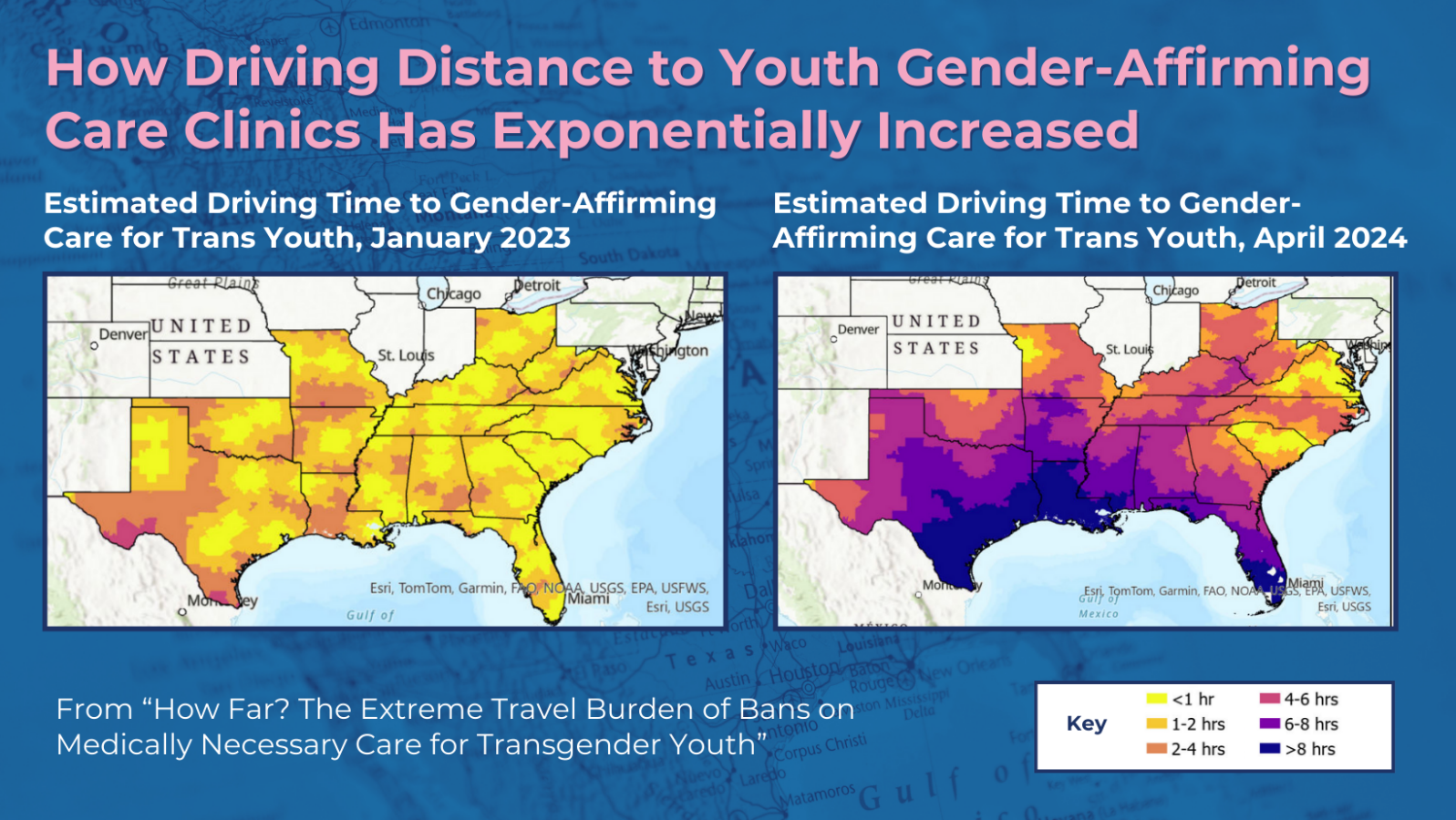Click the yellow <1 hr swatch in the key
pos(1156,699)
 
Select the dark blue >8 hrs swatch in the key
pos(1270,749)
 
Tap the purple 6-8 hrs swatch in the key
pos(1270,723)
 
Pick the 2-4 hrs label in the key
pos(1198,749)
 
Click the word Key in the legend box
pos(1086,723)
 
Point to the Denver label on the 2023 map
pos(123,334)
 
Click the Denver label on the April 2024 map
pos(858,330)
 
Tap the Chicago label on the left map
pos(453,294)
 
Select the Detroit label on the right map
pos(1256,282)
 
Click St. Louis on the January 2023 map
pos(406,355)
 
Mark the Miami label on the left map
pos(588,599)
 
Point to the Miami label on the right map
pos(1305,582)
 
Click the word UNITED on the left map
pos(201,326)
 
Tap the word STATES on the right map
pos(936,348)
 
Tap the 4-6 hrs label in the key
pos(1311,699)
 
